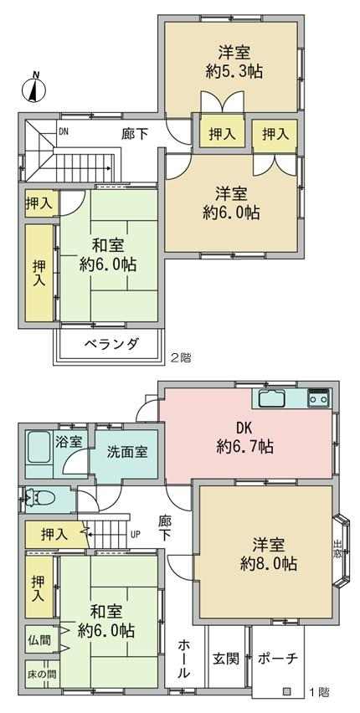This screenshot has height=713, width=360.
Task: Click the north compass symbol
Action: pos(34,87)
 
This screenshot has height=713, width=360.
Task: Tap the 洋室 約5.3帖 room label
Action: pos(234,62)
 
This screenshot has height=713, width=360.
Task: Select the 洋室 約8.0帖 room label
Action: pos(269,554)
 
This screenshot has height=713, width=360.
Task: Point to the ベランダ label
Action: pos(111,343)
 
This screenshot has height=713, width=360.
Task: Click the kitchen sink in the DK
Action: pos(272,399)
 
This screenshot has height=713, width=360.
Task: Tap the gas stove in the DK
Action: pos(319,398)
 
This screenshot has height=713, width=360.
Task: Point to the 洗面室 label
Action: pos(127,453)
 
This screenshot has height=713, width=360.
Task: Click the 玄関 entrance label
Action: pos(226,659)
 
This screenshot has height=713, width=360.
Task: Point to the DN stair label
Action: pos(64,132)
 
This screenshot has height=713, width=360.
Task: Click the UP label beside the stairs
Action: pos(136,534)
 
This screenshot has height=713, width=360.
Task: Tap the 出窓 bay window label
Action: pos(337,550)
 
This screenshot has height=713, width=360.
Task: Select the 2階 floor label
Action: pos(181,358)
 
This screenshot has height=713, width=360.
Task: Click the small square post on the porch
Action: pos(286,692)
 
